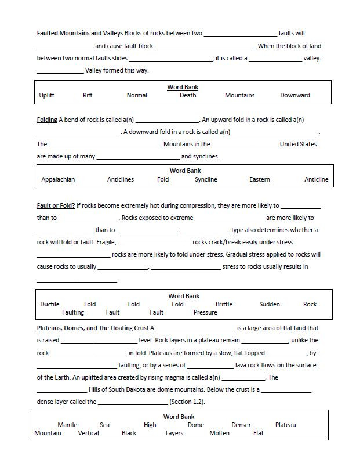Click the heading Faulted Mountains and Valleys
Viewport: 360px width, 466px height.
click(79, 34)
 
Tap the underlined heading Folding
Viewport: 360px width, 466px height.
click(47, 120)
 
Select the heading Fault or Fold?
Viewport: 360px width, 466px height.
click(56, 205)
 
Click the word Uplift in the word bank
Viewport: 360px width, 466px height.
click(46, 96)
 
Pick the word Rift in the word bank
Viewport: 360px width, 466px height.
click(88, 96)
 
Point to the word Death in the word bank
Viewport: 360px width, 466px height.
click(188, 96)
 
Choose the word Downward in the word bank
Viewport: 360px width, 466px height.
click(295, 96)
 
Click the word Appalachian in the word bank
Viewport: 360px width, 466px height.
click(58, 180)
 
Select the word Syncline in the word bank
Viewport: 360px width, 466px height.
click(206, 180)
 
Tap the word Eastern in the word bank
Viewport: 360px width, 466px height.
click(260, 180)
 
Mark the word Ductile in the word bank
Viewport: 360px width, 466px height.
click(50, 304)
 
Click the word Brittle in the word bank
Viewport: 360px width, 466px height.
click(224, 304)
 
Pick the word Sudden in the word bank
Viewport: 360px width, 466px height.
click(270, 304)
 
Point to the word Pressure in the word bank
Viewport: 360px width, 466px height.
click(205, 312)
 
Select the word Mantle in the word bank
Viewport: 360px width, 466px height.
click(67, 425)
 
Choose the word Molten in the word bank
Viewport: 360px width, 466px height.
click(219, 433)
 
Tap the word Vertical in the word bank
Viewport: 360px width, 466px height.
click(88, 433)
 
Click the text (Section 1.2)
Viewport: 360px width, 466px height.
click(187, 402)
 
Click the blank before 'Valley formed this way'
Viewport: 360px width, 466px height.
click(60, 71)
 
